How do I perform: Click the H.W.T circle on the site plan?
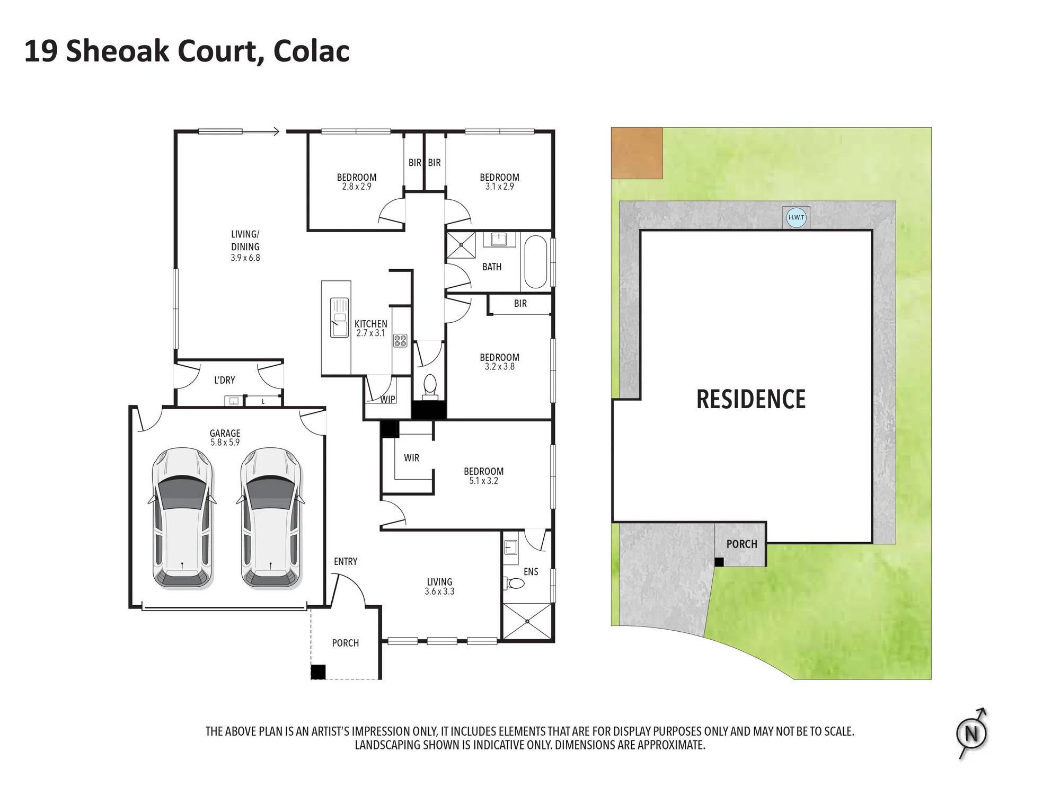[x=796, y=217]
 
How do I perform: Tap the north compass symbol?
[x=972, y=734]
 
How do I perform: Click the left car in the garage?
[x=183, y=518]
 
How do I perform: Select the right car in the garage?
[x=271, y=518]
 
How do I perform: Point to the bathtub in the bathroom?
[x=535, y=262]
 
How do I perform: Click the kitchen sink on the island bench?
[x=339, y=317]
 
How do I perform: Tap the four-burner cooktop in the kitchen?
[x=400, y=340]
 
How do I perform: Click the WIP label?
[x=387, y=399]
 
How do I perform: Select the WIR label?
[x=411, y=458]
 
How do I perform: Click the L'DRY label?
[x=224, y=380]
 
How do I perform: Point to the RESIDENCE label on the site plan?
[x=750, y=399]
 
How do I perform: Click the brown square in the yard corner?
[x=637, y=153]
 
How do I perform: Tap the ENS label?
[x=531, y=571]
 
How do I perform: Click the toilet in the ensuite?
[x=514, y=584]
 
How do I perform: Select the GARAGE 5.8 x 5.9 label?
[x=225, y=438]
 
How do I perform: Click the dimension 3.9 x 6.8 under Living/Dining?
[x=245, y=258]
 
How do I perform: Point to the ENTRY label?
[x=346, y=561]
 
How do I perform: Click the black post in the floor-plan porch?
[x=317, y=672]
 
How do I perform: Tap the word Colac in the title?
[x=311, y=51]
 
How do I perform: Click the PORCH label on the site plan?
[x=741, y=544]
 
